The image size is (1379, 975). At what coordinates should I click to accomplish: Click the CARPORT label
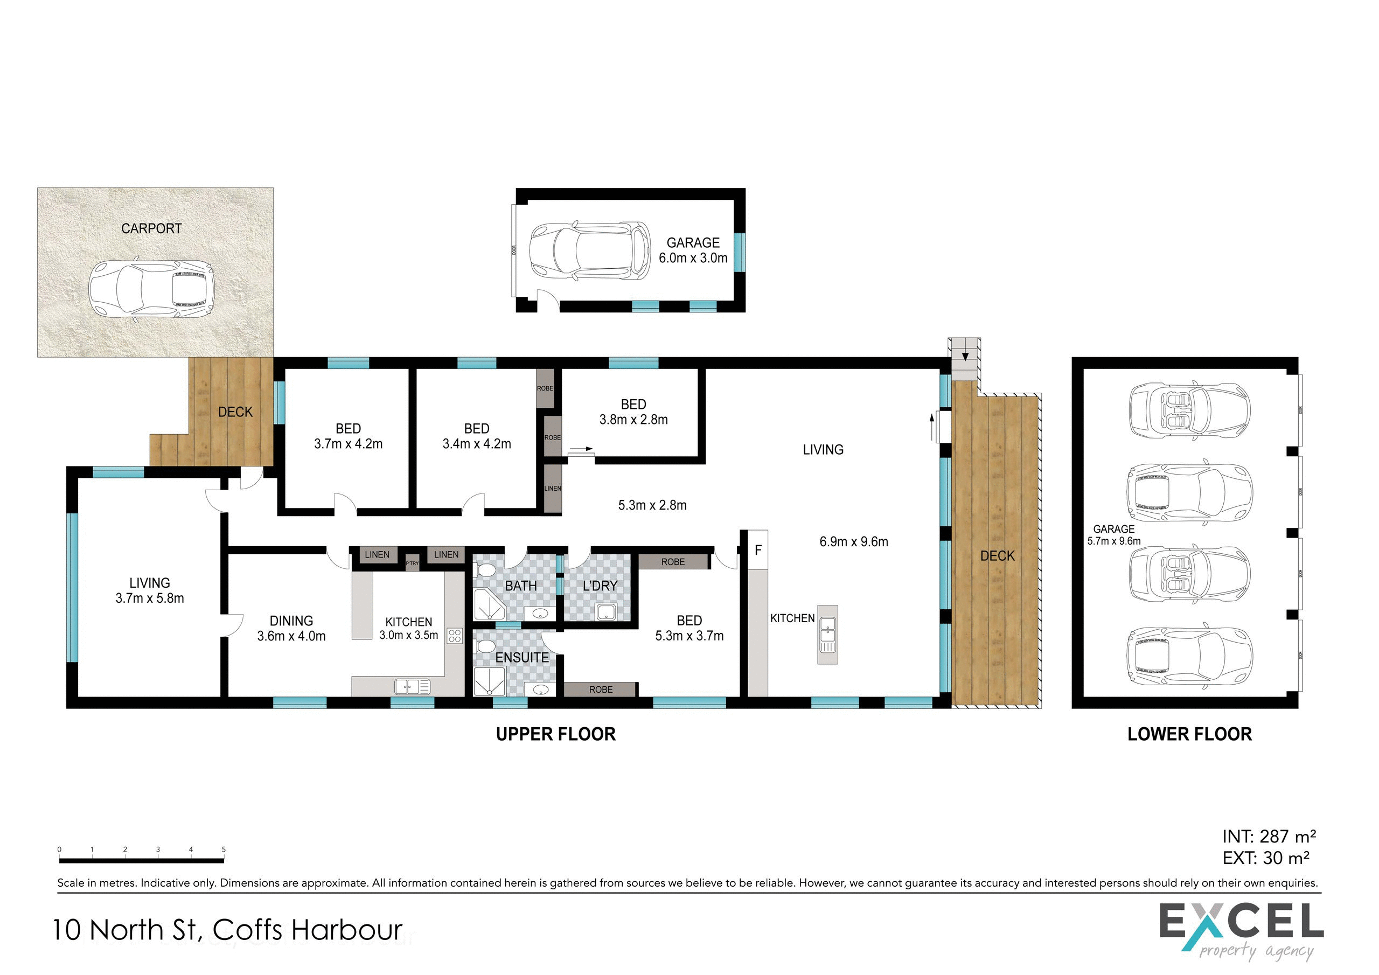[x=151, y=228]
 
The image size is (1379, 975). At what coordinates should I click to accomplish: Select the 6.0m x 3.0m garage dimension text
[x=693, y=259]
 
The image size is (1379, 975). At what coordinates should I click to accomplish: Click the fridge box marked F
[x=758, y=549]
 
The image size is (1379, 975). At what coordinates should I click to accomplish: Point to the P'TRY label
[x=412, y=563]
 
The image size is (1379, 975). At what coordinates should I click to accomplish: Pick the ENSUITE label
[x=522, y=658]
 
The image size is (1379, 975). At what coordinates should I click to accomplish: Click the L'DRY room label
[x=600, y=586]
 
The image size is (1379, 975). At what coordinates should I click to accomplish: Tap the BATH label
[x=521, y=586]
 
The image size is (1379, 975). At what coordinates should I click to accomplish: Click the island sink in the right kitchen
[x=827, y=635]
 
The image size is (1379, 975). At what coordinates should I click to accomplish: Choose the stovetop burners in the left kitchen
[x=455, y=636]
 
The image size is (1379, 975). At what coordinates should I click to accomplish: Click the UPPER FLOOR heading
[x=555, y=734]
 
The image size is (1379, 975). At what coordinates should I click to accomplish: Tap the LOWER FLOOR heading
[x=1189, y=734]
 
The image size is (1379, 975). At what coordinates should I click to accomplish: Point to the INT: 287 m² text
[x=1269, y=836]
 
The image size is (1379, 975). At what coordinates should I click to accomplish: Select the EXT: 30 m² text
[x=1266, y=858]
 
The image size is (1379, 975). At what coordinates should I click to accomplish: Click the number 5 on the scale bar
[x=224, y=849]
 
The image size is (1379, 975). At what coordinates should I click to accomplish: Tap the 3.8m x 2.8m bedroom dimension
[x=633, y=420]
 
